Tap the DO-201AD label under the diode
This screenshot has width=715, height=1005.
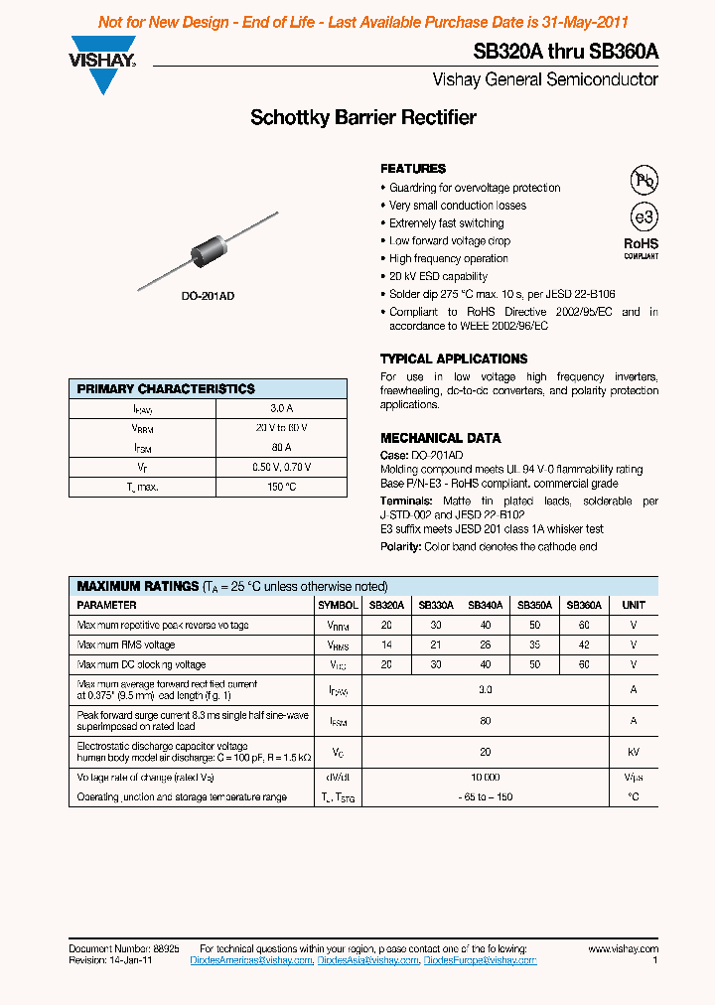point(208,297)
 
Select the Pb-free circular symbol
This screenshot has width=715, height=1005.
point(644,180)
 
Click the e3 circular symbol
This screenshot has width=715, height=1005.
point(644,217)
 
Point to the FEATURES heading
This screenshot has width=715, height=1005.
point(413,169)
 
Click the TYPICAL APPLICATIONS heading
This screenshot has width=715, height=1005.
point(454,359)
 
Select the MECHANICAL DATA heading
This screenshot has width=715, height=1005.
point(440,438)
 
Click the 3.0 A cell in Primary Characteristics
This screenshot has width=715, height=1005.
point(281,408)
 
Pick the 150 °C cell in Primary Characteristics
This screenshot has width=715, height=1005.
point(281,487)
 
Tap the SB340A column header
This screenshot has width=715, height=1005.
point(485,605)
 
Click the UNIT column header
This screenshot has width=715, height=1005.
point(633,605)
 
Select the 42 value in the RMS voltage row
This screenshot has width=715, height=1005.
point(583,645)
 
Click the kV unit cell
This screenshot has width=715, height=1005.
point(633,753)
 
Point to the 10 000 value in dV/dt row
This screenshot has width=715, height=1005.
point(485,778)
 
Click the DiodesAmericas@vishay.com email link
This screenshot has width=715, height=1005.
point(251,960)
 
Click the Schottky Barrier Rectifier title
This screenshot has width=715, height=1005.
point(363,118)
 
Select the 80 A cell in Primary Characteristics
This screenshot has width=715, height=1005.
point(281,447)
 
